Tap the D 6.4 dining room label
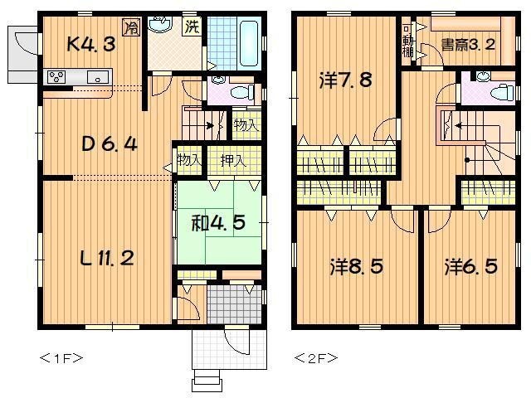click(109, 143)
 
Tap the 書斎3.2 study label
click(468, 45)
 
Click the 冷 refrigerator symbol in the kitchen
click(131, 28)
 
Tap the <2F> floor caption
click(315, 358)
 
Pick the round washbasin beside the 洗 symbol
click(158, 25)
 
